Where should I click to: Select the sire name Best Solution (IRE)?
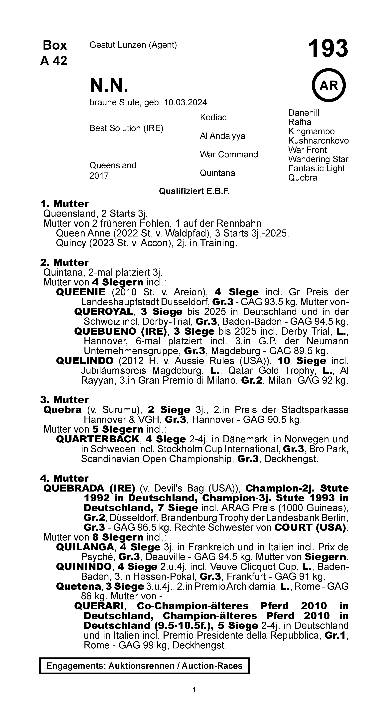pyautogui.click(x=126, y=128)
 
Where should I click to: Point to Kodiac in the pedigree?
pyautogui.click(x=213, y=118)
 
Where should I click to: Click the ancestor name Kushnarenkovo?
pyautogui.click(x=318, y=141)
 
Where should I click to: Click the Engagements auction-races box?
pyautogui.click(x=144, y=666)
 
